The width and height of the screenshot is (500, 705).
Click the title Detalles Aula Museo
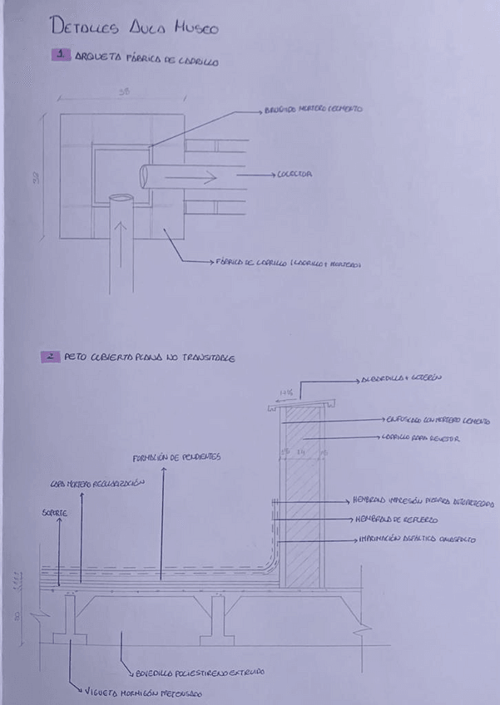coord(134,27)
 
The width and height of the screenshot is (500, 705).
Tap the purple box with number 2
coord(51,357)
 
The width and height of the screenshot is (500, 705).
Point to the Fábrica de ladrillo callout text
coord(288,264)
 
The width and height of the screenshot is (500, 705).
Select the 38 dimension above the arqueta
coord(124,92)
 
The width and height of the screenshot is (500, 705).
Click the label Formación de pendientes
coord(176,457)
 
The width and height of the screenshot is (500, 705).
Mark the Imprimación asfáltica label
coord(417,539)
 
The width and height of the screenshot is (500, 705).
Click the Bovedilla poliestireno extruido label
coord(200,673)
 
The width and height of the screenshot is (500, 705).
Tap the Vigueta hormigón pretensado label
coord(144,692)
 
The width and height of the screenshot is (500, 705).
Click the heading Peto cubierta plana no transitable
coord(149,358)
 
